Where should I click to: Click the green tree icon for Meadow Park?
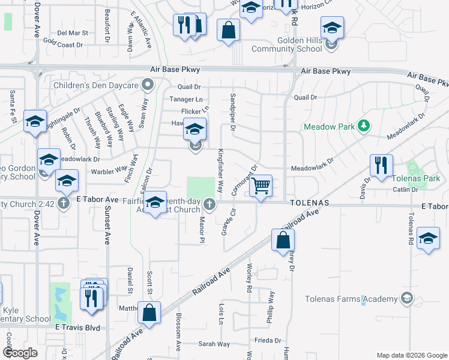(363, 126)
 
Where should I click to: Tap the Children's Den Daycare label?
(103, 86)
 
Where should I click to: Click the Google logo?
(20, 352)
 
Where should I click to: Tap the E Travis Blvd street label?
(77, 328)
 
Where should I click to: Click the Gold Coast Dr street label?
(62, 45)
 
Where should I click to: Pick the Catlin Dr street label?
(405, 190)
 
